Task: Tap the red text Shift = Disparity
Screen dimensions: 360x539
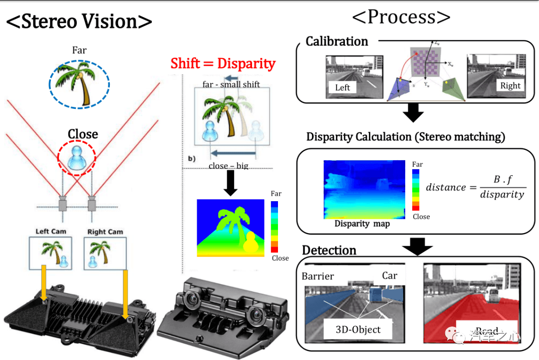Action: point(223,63)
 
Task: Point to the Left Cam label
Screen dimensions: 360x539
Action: point(51,232)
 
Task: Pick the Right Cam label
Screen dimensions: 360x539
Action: point(105,232)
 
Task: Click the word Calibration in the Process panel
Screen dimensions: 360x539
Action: point(337,41)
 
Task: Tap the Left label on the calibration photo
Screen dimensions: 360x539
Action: point(342,87)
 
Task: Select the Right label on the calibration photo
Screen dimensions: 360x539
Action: point(510,85)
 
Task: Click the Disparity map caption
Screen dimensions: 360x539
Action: point(362,224)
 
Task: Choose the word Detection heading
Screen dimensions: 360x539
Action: point(329,250)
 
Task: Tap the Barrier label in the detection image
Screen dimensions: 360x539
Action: point(318,276)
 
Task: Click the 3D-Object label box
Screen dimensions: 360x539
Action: point(358,329)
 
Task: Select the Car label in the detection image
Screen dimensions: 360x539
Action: point(390,276)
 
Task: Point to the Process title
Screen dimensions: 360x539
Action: point(401,17)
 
